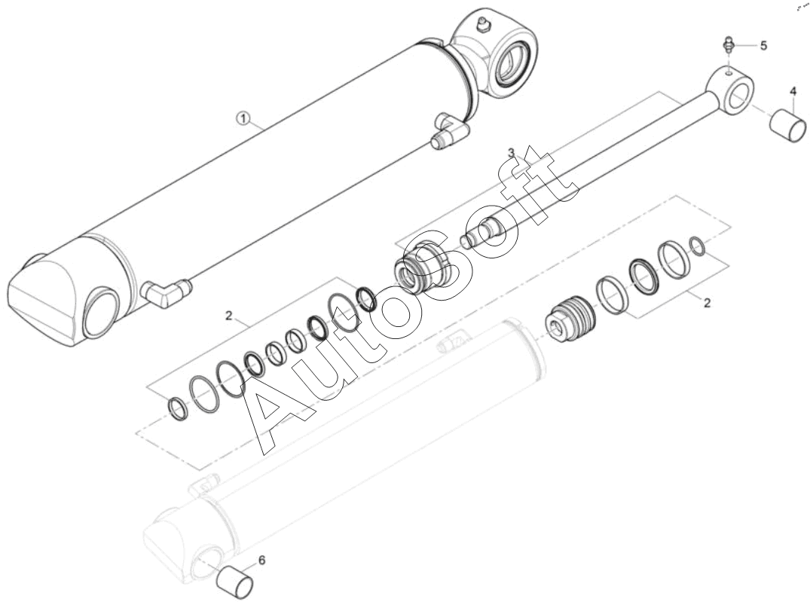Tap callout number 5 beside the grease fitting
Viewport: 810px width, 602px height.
(x=763, y=45)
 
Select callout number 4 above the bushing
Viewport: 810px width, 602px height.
(x=793, y=91)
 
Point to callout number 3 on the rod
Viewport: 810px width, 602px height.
(x=511, y=152)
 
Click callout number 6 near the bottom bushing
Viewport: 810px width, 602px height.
(x=262, y=560)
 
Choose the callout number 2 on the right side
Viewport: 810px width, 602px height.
(x=708, y=302)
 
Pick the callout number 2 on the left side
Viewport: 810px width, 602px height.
(x=228, y=315)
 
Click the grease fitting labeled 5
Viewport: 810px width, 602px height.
(x=728, y=44)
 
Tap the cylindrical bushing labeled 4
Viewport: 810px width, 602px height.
(x=788, y=124)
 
